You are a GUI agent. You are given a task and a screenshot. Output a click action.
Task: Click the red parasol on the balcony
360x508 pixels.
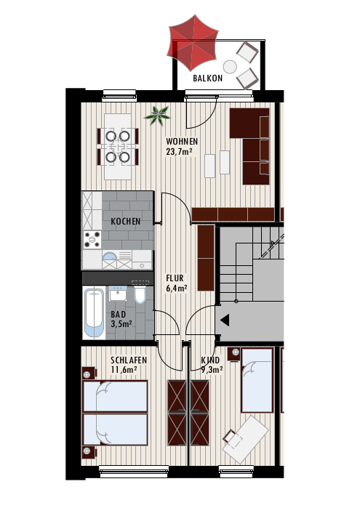(x=193, y=42)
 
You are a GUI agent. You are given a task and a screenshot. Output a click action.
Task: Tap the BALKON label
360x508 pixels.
(x=207, y=78)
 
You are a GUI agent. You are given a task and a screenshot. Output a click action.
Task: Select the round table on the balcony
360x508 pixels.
(x=230, y=67)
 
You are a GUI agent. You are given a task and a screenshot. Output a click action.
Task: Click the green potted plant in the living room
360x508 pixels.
(x=157, y=116)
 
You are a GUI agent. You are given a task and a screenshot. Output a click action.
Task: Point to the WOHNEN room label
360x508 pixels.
(x=182, y=142)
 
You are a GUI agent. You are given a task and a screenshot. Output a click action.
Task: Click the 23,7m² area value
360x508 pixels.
(x=179, y=152)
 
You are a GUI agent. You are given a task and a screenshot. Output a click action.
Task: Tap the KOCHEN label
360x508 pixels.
(x=126, y=221)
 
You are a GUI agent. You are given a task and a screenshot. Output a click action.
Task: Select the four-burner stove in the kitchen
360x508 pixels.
(x=92, y=240)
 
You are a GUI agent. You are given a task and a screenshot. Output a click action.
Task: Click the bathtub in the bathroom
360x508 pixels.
(x=95, y=313)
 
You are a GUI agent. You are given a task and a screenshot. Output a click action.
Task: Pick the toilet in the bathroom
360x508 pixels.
(x=140, y=293)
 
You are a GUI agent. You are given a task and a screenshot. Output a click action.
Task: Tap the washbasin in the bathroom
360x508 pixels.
(x=118, y=293)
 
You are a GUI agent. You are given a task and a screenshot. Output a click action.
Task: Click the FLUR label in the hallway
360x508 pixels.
(x=175, y=278)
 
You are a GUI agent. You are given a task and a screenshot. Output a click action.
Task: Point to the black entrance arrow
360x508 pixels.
(x=225, y=320)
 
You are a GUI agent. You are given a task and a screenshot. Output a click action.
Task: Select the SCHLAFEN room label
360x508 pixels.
(x=129, y=360)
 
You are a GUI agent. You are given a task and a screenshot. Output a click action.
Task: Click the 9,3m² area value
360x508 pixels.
(x=212, y=370)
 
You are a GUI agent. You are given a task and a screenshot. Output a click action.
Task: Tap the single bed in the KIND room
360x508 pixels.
(x=257, y=380)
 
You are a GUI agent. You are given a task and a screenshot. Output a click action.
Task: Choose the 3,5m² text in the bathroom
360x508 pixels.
(x=121, y=324)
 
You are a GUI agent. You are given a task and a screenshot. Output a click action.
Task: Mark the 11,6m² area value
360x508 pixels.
(x=124, y=370)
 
